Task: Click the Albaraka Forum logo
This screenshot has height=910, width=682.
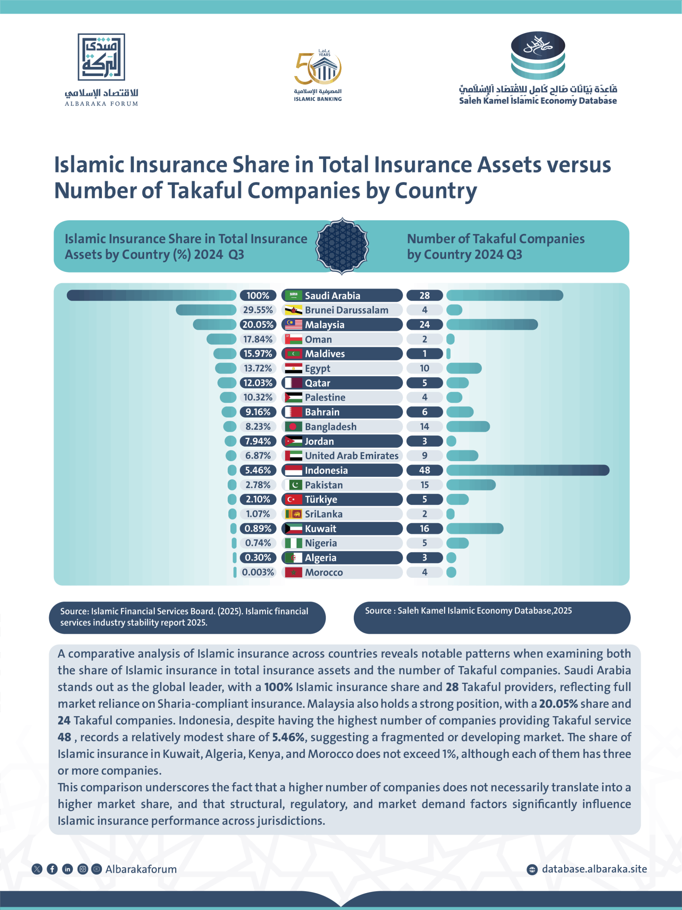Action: [x=101, y=69]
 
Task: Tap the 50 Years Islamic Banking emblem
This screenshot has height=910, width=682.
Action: [x=318, y=75]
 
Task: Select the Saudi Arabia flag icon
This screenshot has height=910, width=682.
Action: [x=293, y=295]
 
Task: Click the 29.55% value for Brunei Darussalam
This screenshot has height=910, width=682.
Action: [x=258, y=310]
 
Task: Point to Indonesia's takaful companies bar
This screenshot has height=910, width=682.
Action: [x=527, y=470]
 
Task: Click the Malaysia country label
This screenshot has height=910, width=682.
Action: [x=324, y=325]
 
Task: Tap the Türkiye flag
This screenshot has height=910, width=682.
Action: [x=293, y=499]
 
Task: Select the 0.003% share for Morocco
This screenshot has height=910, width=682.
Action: [x=258, y=572]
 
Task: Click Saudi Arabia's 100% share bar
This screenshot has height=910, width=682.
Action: [x=151, y=295]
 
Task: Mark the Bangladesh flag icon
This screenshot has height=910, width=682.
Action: [x=293, y=427]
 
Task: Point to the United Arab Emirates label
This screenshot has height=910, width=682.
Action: [x=352, y=456]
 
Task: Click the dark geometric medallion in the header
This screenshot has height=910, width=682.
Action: [x=342, y=246]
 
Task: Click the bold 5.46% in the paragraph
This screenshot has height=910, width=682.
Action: [x=288, y=737]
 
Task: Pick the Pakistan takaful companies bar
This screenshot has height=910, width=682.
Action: [x=471, y=485]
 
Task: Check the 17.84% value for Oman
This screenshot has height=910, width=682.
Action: [x=258, y=339]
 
